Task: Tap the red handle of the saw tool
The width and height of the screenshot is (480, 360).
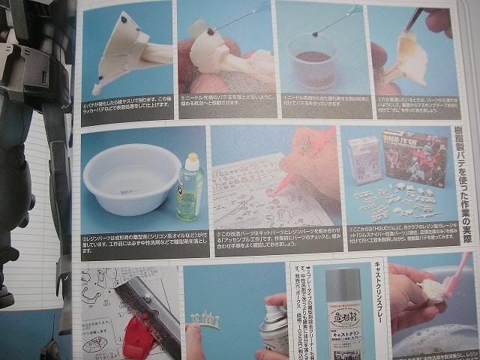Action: click(133, 329)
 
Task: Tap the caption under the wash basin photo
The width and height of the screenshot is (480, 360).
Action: click(133, 244)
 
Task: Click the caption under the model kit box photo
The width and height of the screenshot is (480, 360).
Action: click(398, 232)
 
